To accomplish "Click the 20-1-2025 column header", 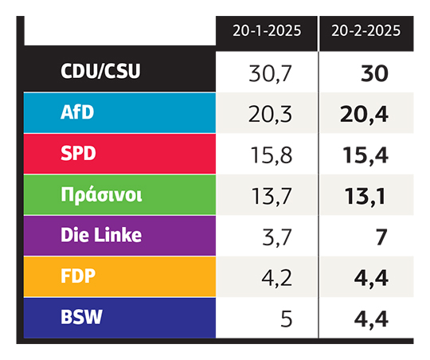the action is tap(267, 31).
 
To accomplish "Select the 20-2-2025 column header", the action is tap(365, 31).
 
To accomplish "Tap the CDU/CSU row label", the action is tap(100, 72).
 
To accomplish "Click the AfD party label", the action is tap(77, 112).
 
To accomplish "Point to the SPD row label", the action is tap(78, 153).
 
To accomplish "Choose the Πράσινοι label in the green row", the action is tap(101, 195).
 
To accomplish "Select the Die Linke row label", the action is tap(101, 235).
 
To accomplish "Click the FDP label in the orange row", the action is tap(78, 276).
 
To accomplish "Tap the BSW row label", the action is tap(81, 317).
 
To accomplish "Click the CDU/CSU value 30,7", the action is tap(270, 74).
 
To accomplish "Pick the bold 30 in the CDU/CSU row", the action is tap(374, 73).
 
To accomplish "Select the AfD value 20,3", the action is tap(270, 115).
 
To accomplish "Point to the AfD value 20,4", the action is tap(364, 115).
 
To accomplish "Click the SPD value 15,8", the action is tap(272, 155).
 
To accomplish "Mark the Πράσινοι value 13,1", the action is tap(365, 197).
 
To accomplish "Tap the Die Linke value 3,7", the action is tap(277, 237).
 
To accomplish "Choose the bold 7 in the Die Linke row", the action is tap(381, 237).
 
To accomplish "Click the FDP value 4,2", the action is tap(276, 278).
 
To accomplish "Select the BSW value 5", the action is tap(287, 319).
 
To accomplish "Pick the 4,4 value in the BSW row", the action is tap(371, 319).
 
